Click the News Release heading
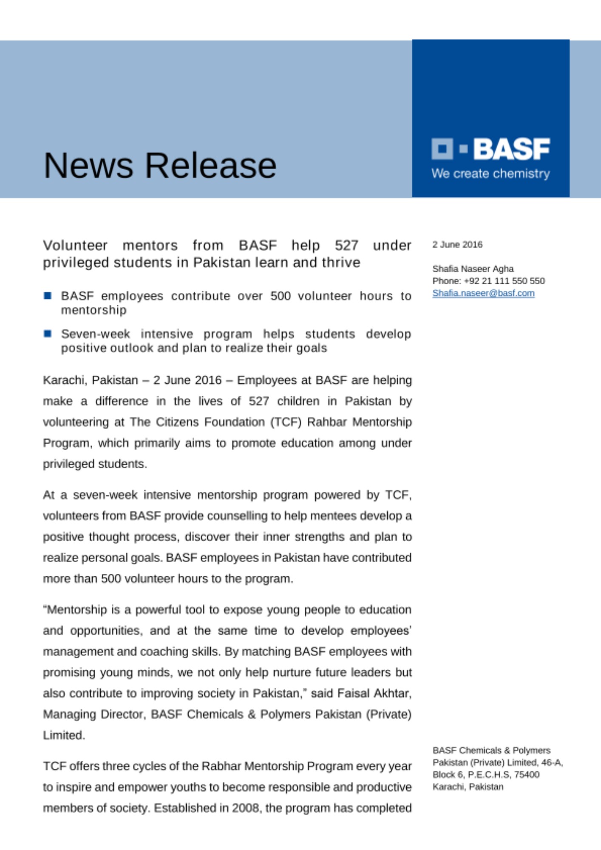tap(160, 165)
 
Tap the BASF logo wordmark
tap(511, 149)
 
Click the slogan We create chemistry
tap(490, 173)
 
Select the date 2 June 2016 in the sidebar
tap(457, 244)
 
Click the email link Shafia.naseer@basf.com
tap(483, 293)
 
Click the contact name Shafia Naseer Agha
tap(473, 269)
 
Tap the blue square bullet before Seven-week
tap(48, 334)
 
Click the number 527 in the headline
tap(346, 245)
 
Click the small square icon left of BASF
tap(442, 149)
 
